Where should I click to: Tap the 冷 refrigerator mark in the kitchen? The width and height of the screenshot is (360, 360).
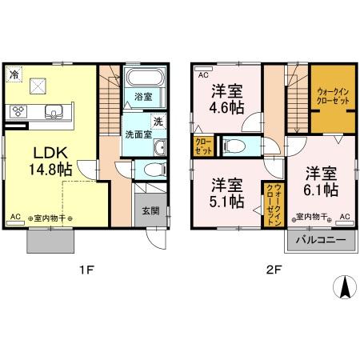click(x=14, y=74)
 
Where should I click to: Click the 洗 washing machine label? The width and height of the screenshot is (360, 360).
click(x=158, y=122)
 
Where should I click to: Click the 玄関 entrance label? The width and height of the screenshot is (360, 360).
click(x=150, y=211)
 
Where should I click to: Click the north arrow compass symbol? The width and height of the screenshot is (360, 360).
click(x=345, y=287)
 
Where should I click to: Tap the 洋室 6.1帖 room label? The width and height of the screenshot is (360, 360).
click(x=320, y=181)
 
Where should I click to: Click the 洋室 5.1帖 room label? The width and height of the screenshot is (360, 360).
click(x=227, y=192)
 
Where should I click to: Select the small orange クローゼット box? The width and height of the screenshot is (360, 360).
click(x=202, y=146)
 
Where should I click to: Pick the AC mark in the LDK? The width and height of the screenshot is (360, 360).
click(x=16, y=217)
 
